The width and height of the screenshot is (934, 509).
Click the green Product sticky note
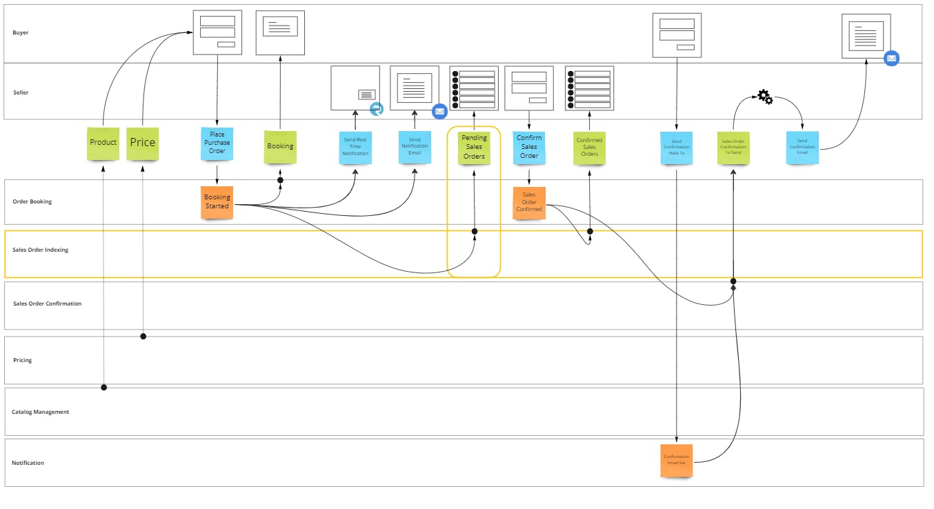click(x=103, y=143)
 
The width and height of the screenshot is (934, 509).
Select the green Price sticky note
click(x=142, y=143)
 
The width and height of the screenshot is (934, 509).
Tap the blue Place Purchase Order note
click(x=217, y=143)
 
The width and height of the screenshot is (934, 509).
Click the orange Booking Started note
click(x=217, y=202)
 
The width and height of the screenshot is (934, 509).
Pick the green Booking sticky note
click(x=280, y=147)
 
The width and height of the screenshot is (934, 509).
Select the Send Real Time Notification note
click(x=355, y=148)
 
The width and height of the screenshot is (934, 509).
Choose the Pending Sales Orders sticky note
click(x=474, y=148)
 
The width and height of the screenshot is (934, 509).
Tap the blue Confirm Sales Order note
click(x=529, y=148)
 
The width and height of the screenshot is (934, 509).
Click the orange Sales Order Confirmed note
click(x=529, y=203)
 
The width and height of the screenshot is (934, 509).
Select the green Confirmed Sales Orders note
click(x=589, y=148)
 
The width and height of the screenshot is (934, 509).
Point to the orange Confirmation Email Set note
click(x=676, y=461)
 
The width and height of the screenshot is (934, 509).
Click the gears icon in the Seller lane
click(x=765, y=97)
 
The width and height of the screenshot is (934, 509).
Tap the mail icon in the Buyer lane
click(x=891, y=59)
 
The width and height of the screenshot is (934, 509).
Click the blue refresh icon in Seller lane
click(x=376, y=109)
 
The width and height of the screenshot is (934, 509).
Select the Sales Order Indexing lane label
click(x=41, y=250)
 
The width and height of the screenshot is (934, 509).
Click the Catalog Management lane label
click(x=41, y=412)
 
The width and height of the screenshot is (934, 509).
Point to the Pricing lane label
click(x=23, y=360)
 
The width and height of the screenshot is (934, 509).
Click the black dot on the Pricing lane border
click(x=143, y=336)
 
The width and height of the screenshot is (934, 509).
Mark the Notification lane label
click(x=28, y=463)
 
